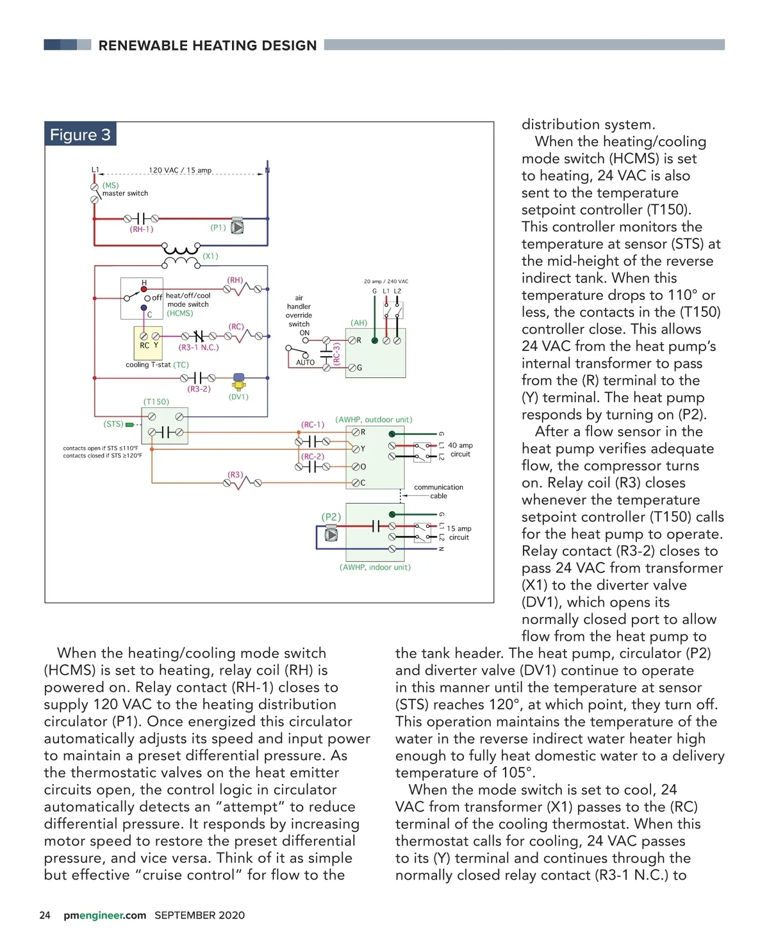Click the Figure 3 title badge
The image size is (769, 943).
pos(81,135)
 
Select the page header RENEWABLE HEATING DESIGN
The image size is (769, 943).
pos(207,45)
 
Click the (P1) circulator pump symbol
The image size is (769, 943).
pos(237,227)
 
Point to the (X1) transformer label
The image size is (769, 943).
pos(210,256)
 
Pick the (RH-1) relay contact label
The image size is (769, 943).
pos(142,229)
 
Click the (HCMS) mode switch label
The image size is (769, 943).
pos(179,313)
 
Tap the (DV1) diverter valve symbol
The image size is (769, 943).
pos(239,382)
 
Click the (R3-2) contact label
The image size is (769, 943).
pos(199,389)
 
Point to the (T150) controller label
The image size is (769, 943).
pos(156,402)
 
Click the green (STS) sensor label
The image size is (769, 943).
pos(113,424)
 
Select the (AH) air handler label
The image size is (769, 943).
pos(359,323)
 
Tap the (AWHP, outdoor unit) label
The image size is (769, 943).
pos(374,420)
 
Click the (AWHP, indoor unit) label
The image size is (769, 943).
pos(375,567)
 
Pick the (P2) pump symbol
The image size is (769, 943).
pos(331,533)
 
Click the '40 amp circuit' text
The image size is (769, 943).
pos(460,450)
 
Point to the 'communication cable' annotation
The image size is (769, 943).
pos(438,491)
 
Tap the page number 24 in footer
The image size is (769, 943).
pos(45,915)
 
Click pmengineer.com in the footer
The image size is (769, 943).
pos(104,915)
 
